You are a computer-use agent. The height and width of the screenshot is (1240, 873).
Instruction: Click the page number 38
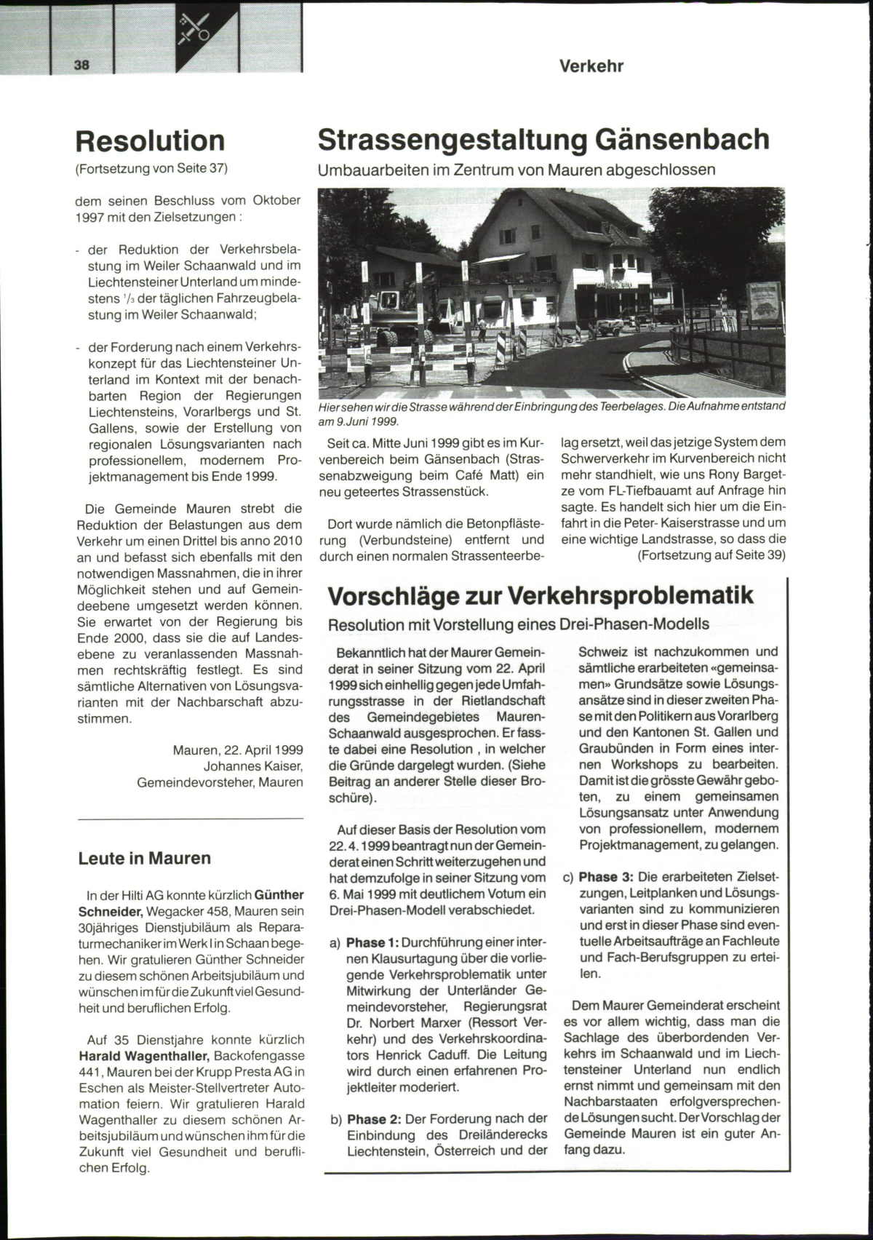(x=81, y=64)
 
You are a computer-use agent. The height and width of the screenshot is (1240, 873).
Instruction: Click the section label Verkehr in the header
(x=591, y=66)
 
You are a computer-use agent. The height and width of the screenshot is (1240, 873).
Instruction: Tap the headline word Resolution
(x=150, y=140)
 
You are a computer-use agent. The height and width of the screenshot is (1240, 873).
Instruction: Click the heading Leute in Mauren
(x=144, y=858)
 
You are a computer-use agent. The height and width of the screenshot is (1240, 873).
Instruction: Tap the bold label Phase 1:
(x=372, y=943)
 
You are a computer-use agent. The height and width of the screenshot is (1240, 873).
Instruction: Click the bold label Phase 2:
(x=374, y=1118)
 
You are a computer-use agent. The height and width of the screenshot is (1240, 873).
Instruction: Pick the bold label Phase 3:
(x=606, y=877)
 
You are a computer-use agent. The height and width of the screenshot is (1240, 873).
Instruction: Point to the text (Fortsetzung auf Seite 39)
(x=711, y=555)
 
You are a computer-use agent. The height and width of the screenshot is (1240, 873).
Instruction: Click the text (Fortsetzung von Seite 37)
(x=151, y=169)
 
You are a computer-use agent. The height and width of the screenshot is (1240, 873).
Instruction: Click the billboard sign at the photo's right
(x=763, y=303)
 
